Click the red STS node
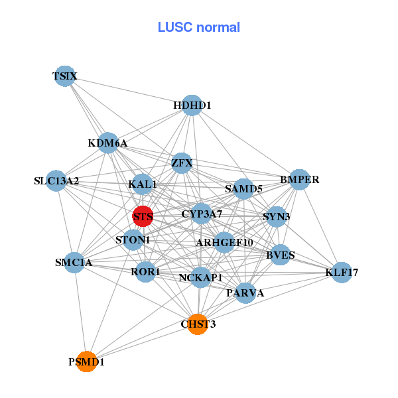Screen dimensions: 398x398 click(143, 216)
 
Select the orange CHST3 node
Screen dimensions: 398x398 click(198, 324)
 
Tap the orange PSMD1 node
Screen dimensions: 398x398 click(86, 362)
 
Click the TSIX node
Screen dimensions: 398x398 click(64, 76)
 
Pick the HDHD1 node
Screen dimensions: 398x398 click(192, 105)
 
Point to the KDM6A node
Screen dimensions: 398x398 click(108, 143)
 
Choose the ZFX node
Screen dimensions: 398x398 click(182, 163)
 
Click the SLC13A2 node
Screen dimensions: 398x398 click(56, 180)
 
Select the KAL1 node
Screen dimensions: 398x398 click(143, 184)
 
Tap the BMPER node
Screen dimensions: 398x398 click(300, 179)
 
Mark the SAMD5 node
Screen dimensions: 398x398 click(243, 189)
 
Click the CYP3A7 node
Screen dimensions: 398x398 click(202, 214)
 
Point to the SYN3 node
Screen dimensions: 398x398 click(276, 216)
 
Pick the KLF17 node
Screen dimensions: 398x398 click(342, 272)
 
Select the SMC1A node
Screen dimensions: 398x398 click(74, 262)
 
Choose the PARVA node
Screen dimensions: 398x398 click(245, 293)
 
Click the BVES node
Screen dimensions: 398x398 click(280, 255)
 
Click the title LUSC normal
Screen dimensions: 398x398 click(198, 27)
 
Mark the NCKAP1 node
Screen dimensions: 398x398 click(200, 277)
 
